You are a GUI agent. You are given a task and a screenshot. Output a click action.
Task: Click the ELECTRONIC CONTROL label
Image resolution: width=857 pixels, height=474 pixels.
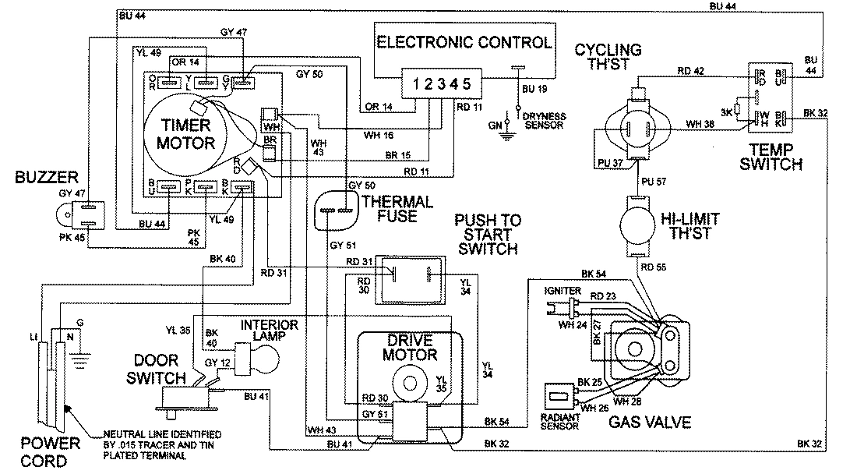click(x=465, y=41)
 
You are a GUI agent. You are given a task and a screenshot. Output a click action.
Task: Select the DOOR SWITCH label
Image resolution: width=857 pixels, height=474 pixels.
click(x=158, y=370)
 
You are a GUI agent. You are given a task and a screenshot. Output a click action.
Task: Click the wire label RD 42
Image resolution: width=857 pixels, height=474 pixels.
click(x=691, y=70)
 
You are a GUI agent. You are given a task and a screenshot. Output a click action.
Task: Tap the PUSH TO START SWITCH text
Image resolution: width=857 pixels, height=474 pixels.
click(x=487, y=235)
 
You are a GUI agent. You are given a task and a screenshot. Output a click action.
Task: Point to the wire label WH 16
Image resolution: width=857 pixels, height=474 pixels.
click(x=379, y=134)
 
